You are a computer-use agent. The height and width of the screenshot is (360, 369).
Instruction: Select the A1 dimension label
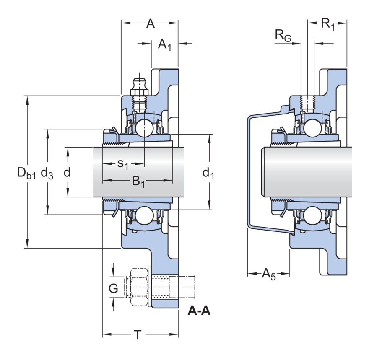[x=165, y=45]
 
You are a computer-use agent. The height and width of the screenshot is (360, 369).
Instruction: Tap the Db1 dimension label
[x=26, y=173]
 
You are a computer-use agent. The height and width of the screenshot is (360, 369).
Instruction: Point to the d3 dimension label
[x=47, y=173]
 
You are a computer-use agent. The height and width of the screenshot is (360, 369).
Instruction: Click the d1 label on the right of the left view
[x=208, y=173]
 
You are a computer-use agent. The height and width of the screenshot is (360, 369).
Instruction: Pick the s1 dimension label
[x=122, y=164]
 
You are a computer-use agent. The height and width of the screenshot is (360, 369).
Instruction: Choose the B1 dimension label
[x=139, y=181]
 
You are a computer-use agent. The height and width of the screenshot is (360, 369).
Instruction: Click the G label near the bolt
[x=114, y=288]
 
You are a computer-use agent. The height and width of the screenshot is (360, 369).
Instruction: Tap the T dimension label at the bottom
[x=137, y=335]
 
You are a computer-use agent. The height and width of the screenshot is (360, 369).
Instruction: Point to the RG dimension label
[x=283, y=36]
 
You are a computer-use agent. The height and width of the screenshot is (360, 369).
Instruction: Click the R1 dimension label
[x=328, y=24]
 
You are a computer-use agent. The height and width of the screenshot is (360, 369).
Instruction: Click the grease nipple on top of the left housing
[x=138, y=86]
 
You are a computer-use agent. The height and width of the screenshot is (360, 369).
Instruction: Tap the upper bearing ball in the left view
[x=144, y=127]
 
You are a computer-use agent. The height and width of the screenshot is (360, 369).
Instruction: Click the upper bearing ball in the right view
[x=313, y=127]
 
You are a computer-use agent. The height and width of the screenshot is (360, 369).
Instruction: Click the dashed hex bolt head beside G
[x=140, y=288]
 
